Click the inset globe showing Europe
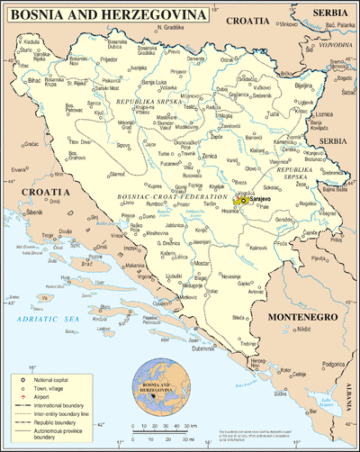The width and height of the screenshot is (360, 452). [156, 385]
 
